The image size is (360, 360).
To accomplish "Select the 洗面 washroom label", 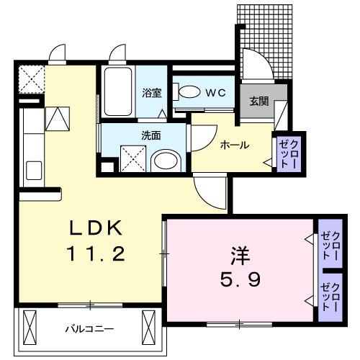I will point(150,134).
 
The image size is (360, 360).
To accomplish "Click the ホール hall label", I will point(234,145).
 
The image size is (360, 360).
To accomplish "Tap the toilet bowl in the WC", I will point(189,92).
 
